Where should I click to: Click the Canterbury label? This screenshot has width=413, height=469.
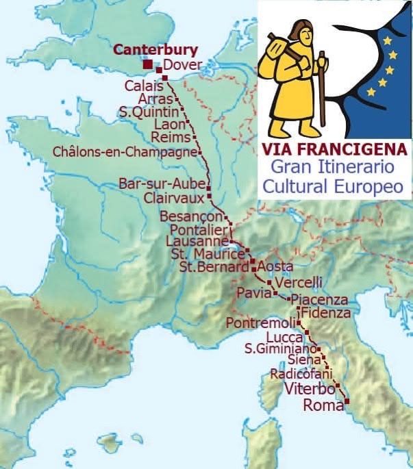point(155,50)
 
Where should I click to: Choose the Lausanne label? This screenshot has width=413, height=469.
point(197,242)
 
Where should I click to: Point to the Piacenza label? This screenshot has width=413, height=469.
point(319,300)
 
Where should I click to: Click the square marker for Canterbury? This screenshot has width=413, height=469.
point(148,64)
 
